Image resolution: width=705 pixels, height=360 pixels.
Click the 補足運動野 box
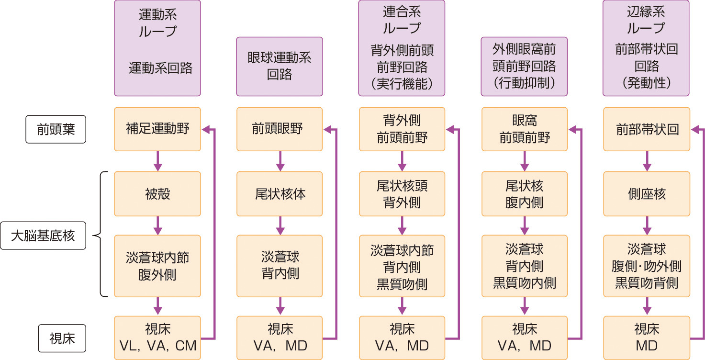tap(157, 129)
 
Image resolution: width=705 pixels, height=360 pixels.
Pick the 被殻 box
tap(157, 194)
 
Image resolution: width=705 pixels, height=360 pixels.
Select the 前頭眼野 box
tap(280, 129)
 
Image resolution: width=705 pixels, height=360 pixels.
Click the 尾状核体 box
tap(280, 194)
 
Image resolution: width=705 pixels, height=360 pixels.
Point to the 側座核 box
tap(646, 194)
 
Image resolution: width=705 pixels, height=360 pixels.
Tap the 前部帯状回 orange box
tap(646, 129)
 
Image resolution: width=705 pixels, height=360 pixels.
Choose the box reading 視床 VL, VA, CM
tap(157, 337)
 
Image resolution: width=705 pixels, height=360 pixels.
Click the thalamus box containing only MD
tap(646, 337)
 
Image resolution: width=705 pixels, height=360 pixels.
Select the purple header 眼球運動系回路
tap(280, 67)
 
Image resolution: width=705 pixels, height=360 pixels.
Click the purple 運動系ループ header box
tap(157, 48)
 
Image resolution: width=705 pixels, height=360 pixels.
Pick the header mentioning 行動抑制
tap(524, 67)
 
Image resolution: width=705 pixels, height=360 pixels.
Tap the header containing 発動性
tap(646, 48)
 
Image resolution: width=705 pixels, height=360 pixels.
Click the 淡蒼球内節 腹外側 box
tap(157, 266)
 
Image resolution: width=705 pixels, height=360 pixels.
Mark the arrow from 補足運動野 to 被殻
tap(157, 161)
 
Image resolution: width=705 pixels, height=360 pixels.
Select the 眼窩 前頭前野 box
tap(524, 129)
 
